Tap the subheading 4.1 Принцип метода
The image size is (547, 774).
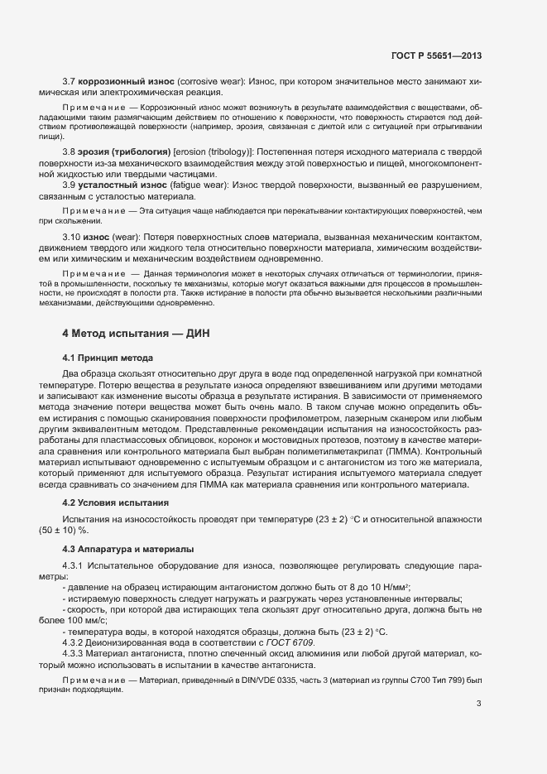[x=108, y=358]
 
